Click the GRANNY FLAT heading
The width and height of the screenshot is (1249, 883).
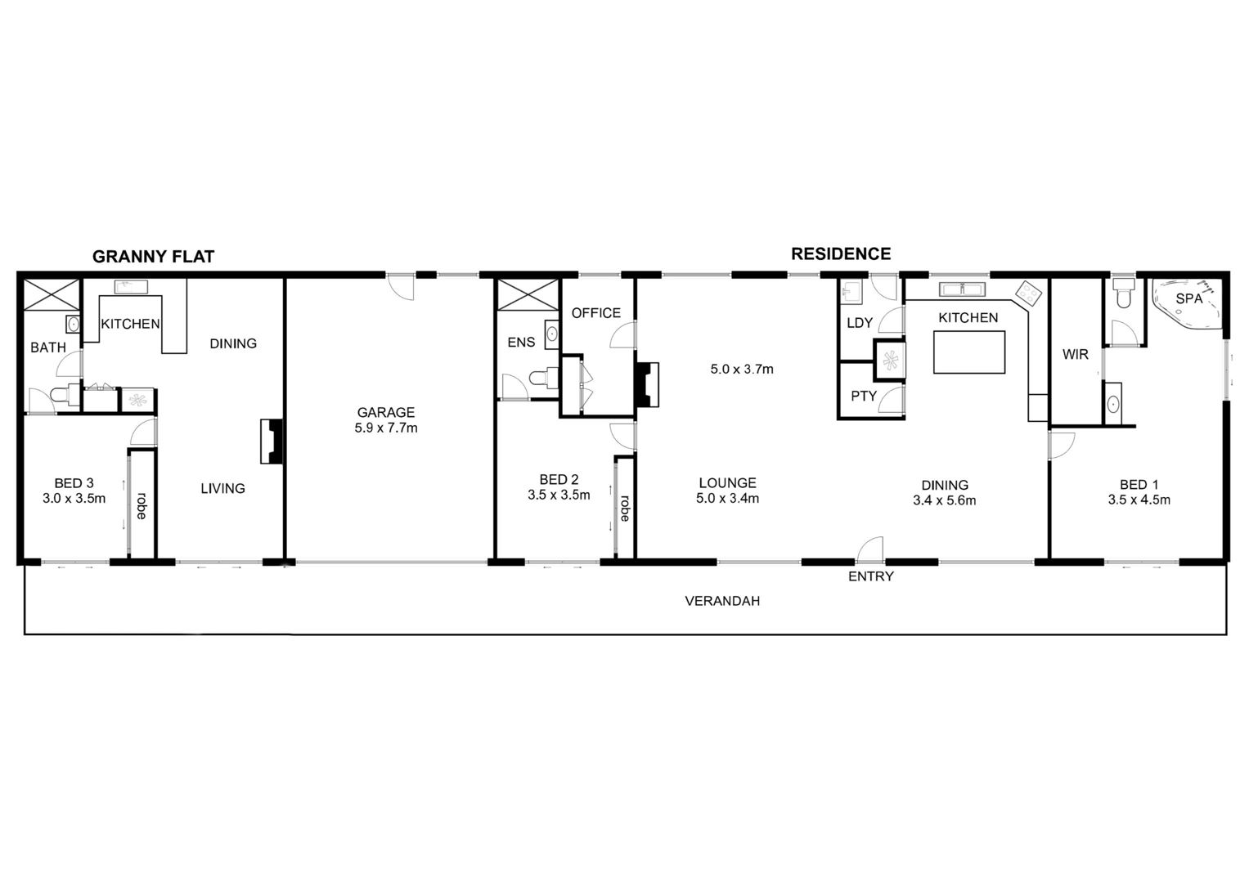(x=153, y=257)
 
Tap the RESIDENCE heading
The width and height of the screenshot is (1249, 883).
(x=841, y=254)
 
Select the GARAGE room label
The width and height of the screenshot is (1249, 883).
(x=386, y=413)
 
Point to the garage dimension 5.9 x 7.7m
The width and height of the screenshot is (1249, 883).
(x=386, y=428)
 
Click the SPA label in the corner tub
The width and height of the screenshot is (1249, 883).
(x=1188, y=298)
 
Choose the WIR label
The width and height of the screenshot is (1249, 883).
(x=1075, y=355)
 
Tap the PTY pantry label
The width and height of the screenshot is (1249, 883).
(x=864, y=397)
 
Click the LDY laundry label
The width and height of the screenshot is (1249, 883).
(x=859, y=323)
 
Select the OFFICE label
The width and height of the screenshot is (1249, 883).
(x=596, y=313)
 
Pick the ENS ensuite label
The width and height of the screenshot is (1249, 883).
(x=521, y=343)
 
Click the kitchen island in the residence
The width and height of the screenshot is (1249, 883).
(x=969, y=352)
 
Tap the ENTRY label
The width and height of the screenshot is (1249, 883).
(x=871, y=576)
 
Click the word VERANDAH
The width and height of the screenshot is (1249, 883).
(x=722, y=601)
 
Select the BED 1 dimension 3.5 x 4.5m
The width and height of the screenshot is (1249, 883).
(x=1139, y=500)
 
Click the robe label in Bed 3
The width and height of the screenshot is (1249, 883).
(x=142, y=505)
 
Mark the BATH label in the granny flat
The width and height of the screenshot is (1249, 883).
(x=48, y=347)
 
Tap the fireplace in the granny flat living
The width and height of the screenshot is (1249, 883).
(x=272, y=441)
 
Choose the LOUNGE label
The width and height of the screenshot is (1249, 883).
(x=728, y=482)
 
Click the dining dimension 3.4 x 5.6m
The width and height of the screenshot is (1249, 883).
(x=945, y=500)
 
